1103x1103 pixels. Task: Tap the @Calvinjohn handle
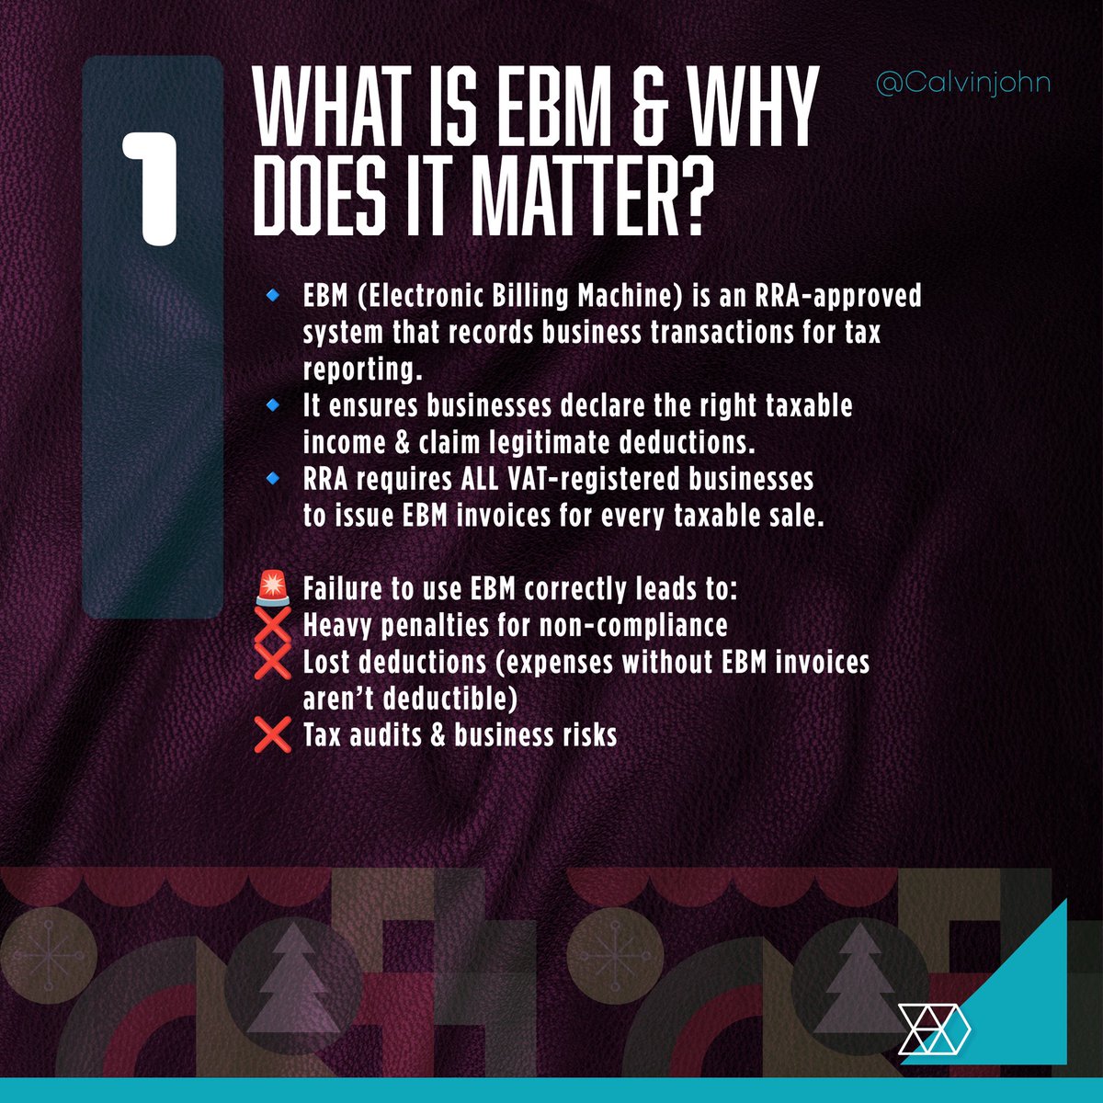coord(963,84)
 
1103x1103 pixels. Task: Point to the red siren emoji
coord(272,587)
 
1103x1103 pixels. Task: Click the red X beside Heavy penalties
coord(272,625)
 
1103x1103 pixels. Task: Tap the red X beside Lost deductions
coord(272,662)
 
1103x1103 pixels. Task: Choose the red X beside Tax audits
coord(272,735)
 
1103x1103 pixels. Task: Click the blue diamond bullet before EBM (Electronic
coord(272,296)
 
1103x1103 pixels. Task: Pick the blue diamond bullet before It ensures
coord(272,404)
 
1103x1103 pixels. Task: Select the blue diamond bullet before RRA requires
coord(272,478)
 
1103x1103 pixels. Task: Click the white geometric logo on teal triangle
coord(930,1028)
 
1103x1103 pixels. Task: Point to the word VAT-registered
coord(604,479)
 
